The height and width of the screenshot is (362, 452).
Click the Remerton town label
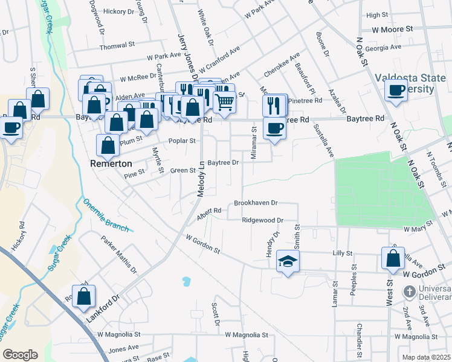click(115, 163)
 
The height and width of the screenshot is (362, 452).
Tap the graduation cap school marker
click(288, 261)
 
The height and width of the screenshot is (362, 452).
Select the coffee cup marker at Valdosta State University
click(396, 91)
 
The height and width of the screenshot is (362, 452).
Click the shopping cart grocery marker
click(224, 102)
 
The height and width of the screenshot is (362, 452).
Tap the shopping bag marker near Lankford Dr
click(83, 297)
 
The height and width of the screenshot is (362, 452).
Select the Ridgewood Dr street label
click(262, 221)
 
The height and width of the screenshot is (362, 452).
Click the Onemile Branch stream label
click(106, 214)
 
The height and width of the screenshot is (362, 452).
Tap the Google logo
click(20, 354)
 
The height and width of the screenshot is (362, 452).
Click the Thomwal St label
click(117, 46)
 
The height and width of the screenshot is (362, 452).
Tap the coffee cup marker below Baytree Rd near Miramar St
click(274, 129)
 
